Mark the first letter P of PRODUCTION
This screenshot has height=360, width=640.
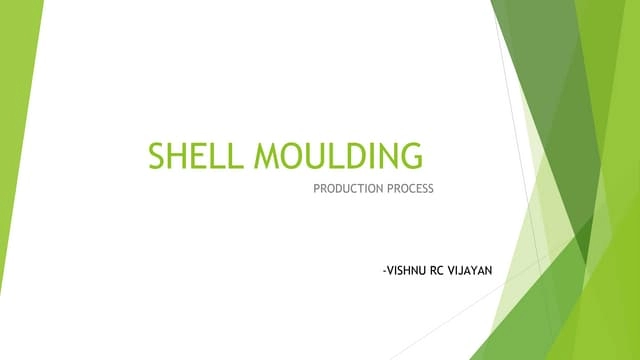[317, 188]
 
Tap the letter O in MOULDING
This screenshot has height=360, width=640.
[291, 158]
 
